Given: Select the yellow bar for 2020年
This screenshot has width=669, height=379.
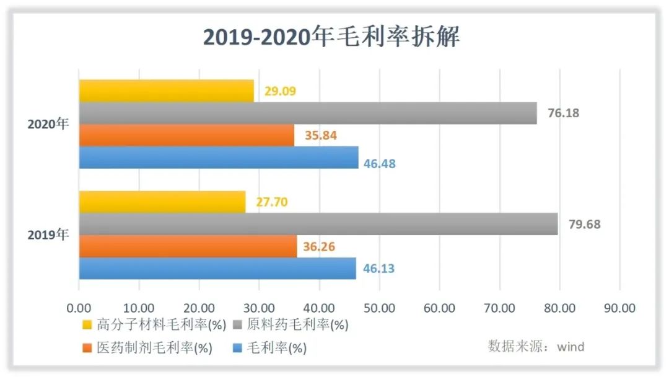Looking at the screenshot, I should tap(166, 91).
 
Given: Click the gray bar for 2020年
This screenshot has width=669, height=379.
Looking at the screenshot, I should tap(307, 113).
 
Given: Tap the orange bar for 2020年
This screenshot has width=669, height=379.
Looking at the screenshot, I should tap(186, 135).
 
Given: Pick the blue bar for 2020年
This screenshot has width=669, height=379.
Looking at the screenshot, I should tap(218, 158).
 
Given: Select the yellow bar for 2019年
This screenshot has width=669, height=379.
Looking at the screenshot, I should tap(162, 202).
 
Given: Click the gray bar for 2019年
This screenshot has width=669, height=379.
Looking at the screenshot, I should tap(318, 224).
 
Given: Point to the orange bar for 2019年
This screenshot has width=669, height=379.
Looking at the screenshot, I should tap(188, 246).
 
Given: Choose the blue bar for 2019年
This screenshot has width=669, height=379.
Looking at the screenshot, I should tap(217, 269).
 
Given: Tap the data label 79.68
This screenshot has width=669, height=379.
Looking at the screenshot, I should tap(585, 224).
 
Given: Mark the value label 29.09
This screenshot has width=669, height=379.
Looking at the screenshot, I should tap(280, 91).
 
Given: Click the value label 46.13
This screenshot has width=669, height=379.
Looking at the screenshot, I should tap(379, 269).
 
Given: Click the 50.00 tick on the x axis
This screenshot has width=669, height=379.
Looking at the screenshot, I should tap(379, 308).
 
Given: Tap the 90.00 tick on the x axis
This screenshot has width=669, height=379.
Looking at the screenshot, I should tap(619, 308).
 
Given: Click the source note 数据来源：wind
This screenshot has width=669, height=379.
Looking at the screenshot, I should tap(536, 346).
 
